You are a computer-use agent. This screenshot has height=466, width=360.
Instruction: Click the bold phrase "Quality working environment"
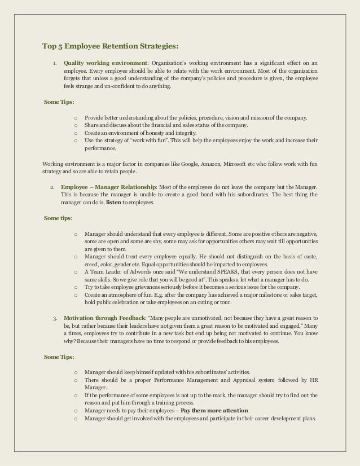tap(106, 63)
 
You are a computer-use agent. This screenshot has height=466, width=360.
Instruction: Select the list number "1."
tap(54, 63)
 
